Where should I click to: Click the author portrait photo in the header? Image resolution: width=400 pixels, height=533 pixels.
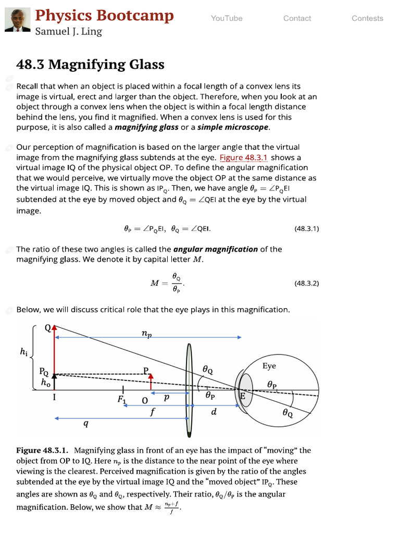click(17, 19)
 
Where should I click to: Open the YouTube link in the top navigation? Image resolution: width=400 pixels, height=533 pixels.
click(227, 18)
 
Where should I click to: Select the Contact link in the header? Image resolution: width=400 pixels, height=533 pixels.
click(297, 18)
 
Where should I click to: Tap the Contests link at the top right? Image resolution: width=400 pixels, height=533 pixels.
click(367, 18)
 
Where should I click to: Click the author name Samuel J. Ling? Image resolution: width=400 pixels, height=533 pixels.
click(68, 32)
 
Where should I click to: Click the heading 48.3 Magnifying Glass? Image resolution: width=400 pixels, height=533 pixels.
click(90, 65)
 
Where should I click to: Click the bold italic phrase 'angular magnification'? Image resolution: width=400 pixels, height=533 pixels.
click(215, 249)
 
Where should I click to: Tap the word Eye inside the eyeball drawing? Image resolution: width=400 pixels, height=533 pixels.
click(269, 366)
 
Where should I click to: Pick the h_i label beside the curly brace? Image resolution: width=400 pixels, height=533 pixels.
click(23, 353)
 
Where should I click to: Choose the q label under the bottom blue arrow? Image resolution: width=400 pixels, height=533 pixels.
click(86, 424)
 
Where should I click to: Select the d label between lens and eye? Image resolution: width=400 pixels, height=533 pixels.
click(214, 412)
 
